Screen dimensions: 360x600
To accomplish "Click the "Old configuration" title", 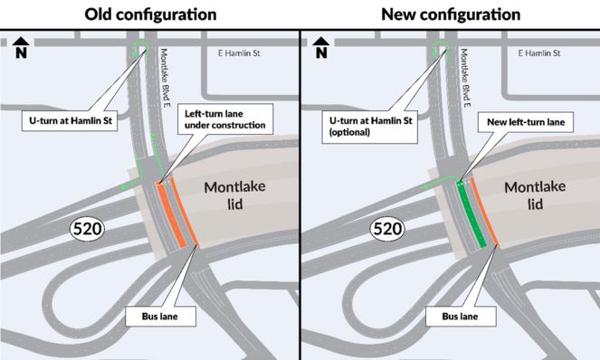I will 150,14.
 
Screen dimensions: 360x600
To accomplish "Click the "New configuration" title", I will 451,14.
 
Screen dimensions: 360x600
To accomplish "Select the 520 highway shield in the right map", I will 386,230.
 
